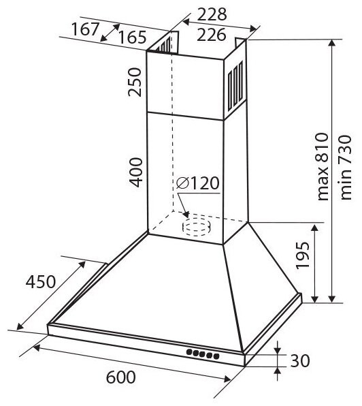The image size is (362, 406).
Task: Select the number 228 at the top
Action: [212, 14]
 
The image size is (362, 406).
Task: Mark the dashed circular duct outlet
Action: [197, 226]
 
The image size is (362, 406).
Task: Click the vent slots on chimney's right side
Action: [235, 84]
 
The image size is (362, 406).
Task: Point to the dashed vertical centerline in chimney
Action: [171, 136]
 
